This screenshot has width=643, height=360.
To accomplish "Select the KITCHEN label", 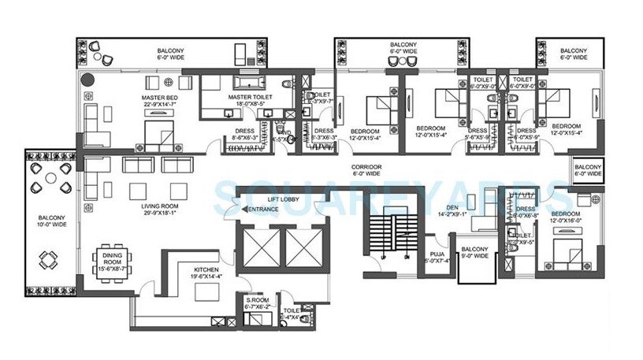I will pyautogui.click(x=207, y=269).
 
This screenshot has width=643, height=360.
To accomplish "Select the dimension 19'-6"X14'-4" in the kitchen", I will pyautogui.click(x=207, y=276).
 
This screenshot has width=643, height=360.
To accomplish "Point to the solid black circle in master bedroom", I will pyautogui.click(x=86, y=79).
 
